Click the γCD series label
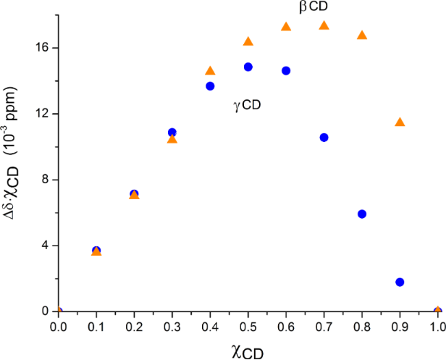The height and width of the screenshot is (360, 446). click(x=246, y=105)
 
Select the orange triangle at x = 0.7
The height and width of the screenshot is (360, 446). click(x=324, y=26)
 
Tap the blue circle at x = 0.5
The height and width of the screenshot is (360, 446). click(x=248, y=67)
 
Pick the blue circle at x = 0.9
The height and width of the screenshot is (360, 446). click(x=400, y=282)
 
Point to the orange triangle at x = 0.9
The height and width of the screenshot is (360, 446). click(x=400, y=122)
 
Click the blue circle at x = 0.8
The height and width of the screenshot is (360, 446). click(x=362, y=214)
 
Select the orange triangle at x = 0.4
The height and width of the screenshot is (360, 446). click(x=210, y=71)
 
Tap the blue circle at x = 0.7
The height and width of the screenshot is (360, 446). click(x=324, y=138)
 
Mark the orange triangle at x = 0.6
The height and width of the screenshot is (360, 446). click(x=286, y=27)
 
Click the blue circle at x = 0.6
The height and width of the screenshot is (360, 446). click(x=286, y=71)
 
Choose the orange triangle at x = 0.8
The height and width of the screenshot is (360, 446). click(x=362, y=35)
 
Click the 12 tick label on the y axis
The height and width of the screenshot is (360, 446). click(x=42, y=114)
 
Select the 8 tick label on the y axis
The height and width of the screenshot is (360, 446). click(x=45, y=180)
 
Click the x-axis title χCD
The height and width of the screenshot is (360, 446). click(x=247, y=351)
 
